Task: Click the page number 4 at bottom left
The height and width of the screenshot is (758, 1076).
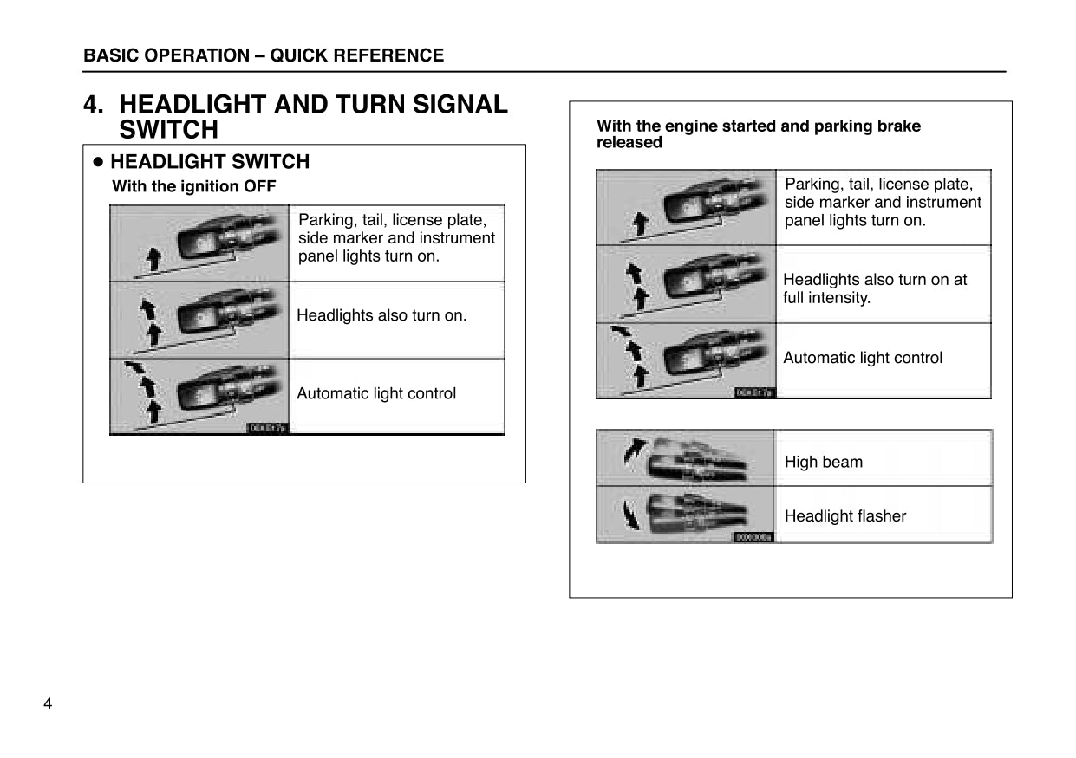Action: click(x=48, y=703)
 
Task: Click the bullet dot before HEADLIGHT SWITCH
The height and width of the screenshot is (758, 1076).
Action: click(x=98, y=162)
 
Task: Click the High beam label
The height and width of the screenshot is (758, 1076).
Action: click(x=823, y=462)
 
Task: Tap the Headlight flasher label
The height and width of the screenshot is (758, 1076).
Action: click(x=844, y=515)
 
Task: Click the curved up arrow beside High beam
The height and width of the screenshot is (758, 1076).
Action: click(x=635, y=450)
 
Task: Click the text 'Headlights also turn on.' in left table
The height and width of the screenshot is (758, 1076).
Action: click(x=381, y=315)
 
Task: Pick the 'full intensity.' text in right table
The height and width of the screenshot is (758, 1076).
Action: click(x=826, y=297)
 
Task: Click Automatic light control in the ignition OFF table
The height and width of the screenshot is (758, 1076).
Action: click(x=375, y=393)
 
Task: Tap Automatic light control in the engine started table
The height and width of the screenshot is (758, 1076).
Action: click(x=862, y=358)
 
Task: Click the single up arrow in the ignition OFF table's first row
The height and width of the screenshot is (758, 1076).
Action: click(x=153, y=257)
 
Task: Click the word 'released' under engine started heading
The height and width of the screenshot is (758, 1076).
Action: click(x=629, y=142)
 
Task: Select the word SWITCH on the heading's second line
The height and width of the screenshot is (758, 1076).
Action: click(x=168, y=130)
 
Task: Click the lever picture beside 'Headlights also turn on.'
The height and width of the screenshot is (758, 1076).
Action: click(x=227, y=317)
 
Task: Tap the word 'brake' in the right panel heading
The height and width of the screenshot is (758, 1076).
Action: click(x=898, y=126)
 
